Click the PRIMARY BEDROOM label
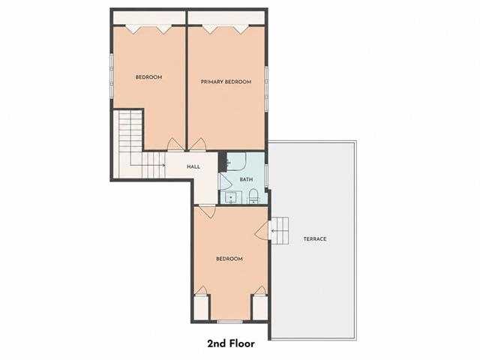[226, 82]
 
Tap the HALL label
[193, 166]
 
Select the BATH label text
[246, 179]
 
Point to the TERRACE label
[315, 238]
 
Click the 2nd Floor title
[231, 343]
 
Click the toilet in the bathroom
[253, 196]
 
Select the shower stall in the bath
[236, 161]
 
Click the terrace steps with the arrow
[280, 231]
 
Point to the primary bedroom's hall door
[198, 145]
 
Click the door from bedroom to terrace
[262, 230]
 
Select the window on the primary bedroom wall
[267, 88]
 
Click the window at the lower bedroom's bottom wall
[230, 322]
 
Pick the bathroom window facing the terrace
[266, 175]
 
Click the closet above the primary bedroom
[226, 17]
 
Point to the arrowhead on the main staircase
[164, 165]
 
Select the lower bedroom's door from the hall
[207, 211]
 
